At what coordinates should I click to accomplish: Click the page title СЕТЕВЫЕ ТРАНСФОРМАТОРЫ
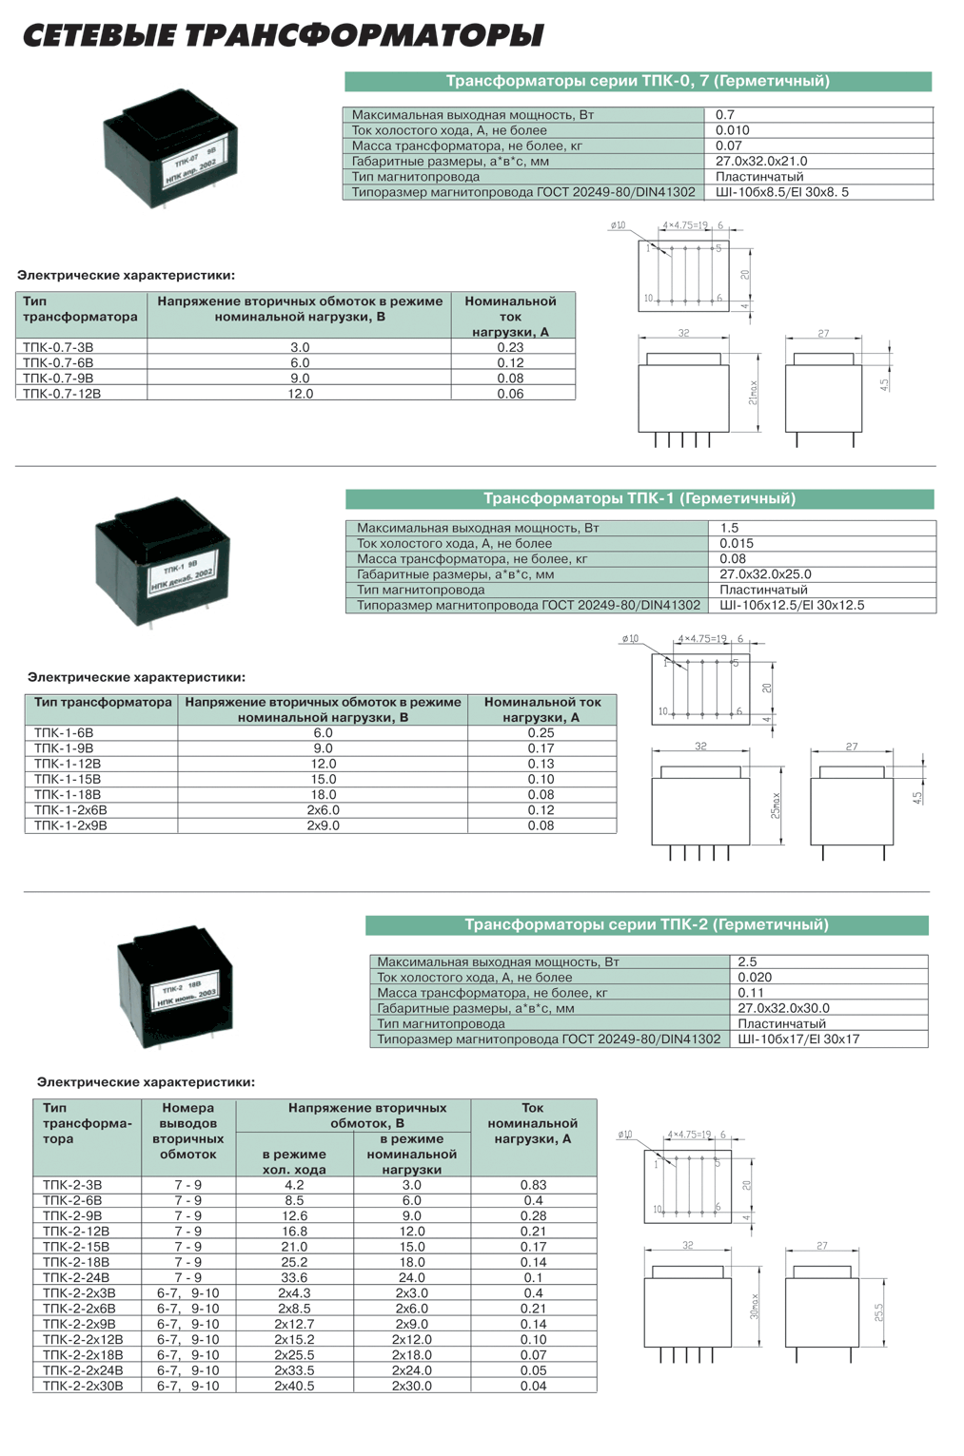pyautogui.click(x=283, y=36)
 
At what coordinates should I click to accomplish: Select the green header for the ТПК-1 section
pyautogui.click(x=639, y=498)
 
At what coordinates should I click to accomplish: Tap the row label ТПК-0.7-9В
pyautogui.click(x=58, y=378)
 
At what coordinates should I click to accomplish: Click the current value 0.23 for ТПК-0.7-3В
pyautogui.click(x=510, y=347)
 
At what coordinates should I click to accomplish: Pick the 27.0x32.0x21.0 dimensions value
pyautogui.click(x=761, y=161)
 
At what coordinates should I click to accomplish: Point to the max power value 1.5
pyautogui.click(x=729, y=528)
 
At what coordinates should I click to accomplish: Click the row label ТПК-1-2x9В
pyautogui.click(x=70, y=825)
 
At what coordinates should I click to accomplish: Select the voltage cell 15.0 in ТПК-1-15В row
pyautogui.click(x=324, y=779)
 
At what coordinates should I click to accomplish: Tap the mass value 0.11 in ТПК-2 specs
pyautogui.click(x=751, y=993)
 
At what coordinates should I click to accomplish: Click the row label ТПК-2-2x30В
pyautogui.click(x=83, y=1386)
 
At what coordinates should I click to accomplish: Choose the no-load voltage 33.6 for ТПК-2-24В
pyautogui.click(x=294, y=1277)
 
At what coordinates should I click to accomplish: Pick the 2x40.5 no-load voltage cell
pyautogui.click(x=294, y=1386)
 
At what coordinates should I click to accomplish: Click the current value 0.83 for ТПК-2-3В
pyautogui.click(x=533, y=1185)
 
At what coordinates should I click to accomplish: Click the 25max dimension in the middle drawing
pyautogui.click(x=776, y=806)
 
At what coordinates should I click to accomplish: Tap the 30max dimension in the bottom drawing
pyautogui.click(x=755, y=1305)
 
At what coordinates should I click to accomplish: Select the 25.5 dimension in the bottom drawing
pyautogui.click(x=878, y=1311)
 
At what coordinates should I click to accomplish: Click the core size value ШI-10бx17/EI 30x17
pyautogui.click(x=798, y=1039)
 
